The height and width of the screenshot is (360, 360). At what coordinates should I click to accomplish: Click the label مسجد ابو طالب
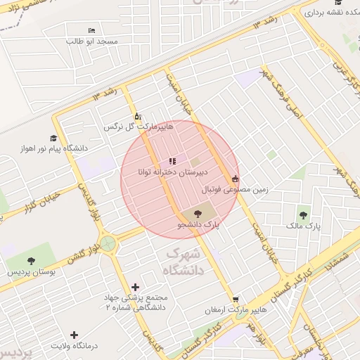[91, 42]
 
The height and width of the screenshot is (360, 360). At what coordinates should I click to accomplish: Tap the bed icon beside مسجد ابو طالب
[92, 31]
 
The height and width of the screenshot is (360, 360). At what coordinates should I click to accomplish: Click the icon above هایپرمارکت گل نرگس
[137, 117]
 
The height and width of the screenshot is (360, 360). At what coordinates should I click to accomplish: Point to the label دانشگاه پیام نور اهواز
[55, 148]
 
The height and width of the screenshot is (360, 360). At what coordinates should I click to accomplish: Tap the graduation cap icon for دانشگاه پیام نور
[54, 138]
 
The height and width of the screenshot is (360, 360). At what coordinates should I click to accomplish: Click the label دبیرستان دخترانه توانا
[169, 172]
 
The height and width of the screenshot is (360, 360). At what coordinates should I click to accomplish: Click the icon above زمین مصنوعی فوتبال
[234, 179]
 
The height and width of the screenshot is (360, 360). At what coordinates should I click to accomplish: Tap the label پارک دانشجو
[198, 225]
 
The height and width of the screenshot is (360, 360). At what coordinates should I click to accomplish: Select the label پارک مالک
[303, 226]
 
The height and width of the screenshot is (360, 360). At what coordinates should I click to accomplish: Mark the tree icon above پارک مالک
[303, 215]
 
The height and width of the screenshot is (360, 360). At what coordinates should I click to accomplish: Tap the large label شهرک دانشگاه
[183, 261]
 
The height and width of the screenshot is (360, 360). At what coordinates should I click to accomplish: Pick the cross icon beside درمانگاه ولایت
[75, 335]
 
